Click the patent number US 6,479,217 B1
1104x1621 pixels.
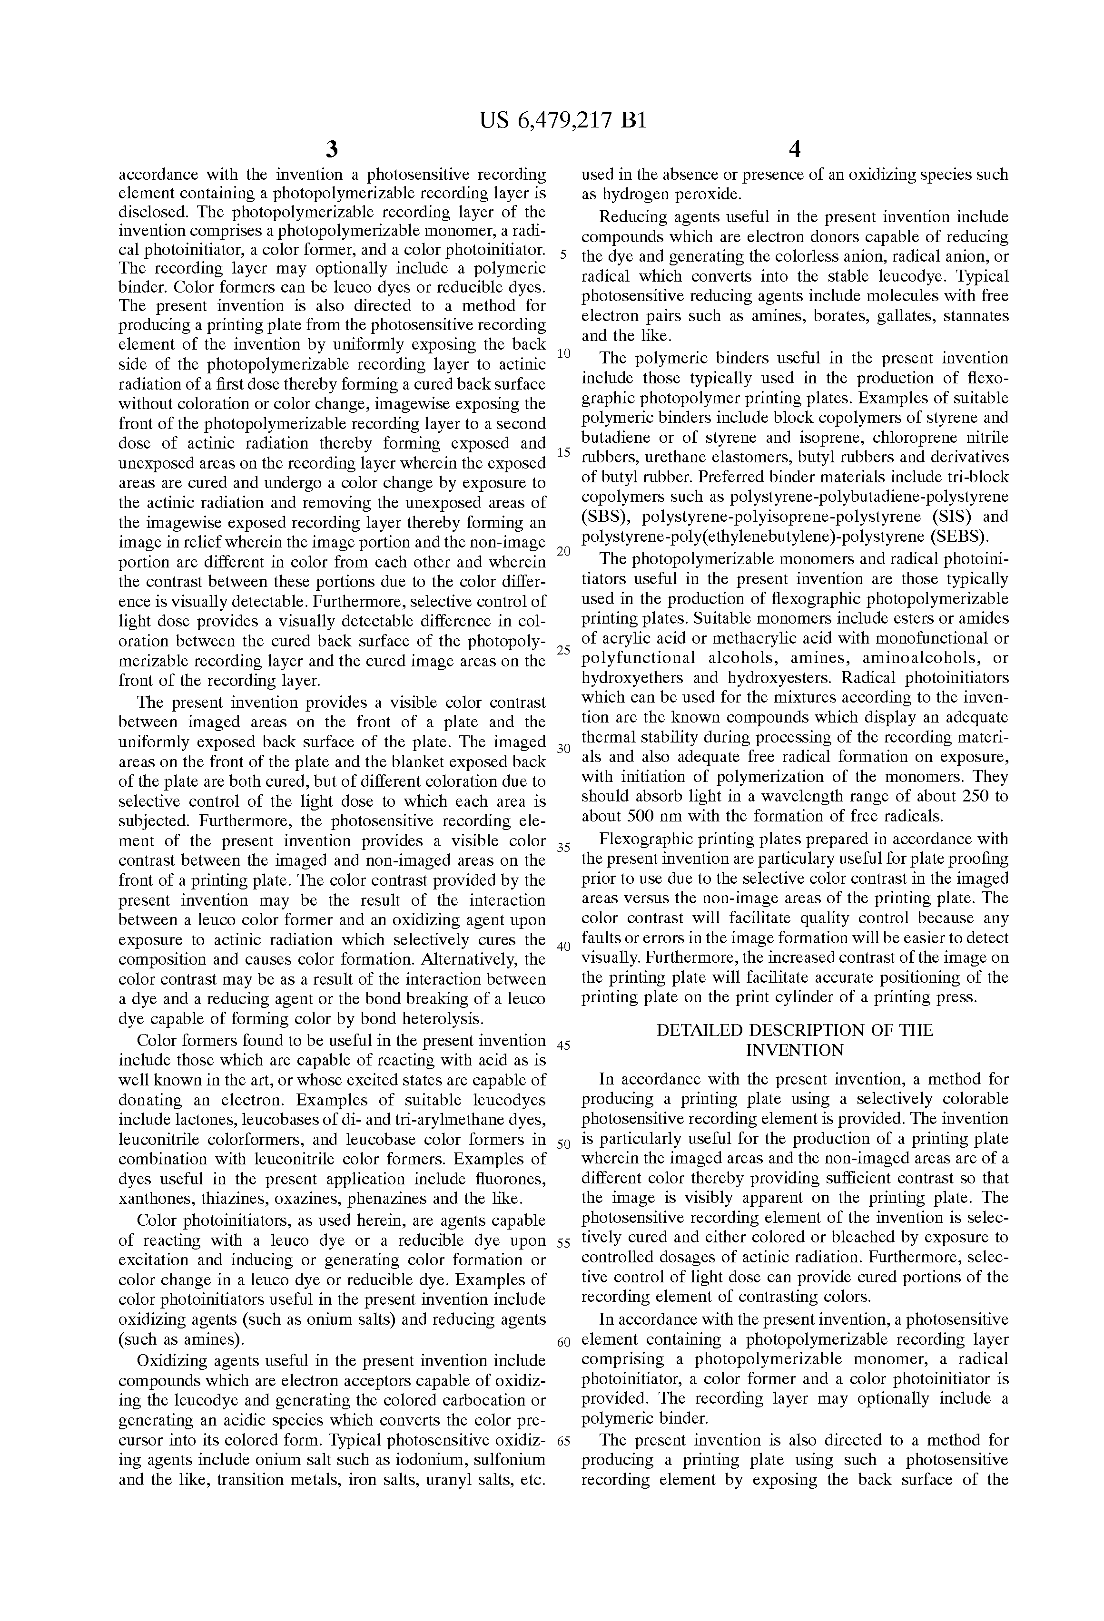pos(563,121)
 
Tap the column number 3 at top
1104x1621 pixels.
pos(332,150)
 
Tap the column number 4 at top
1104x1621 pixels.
pos(794,150)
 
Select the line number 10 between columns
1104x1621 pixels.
pos(564,353)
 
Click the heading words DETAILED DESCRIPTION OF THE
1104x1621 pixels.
pos(795,1031)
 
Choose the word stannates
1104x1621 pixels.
pos(976,316)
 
